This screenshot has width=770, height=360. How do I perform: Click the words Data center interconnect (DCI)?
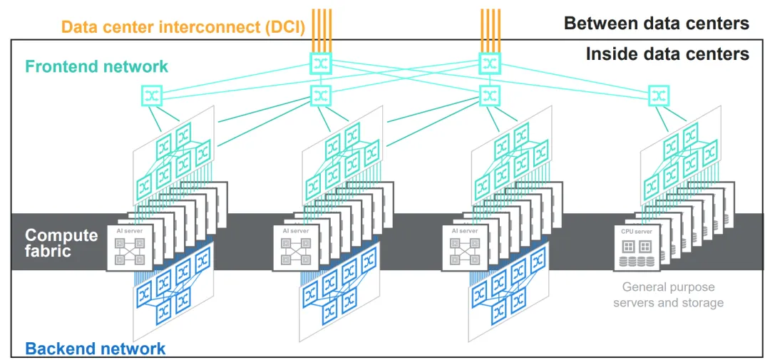[183, 27]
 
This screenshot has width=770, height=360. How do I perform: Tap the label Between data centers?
[657, 24]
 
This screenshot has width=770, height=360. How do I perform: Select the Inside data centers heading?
[667, 53]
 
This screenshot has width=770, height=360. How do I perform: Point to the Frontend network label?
[97, 66]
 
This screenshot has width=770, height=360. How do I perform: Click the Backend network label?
[96, 349]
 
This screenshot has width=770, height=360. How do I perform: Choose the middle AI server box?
[295, 247]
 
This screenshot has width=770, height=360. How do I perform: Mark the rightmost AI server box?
[463, 247]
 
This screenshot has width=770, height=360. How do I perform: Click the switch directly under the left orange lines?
[321, 63]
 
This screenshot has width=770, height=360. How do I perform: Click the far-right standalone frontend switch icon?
[658, 94]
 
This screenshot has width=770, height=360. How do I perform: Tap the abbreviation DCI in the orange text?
[287, 27]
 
